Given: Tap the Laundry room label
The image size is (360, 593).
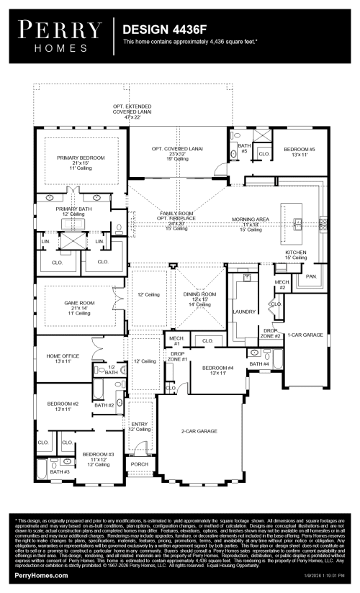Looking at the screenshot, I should coord(246,312).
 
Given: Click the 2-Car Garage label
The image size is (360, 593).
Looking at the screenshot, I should coord(199,430).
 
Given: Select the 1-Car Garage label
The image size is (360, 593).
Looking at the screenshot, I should coord(305,335).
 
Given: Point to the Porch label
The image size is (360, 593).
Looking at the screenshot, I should coord(139,464).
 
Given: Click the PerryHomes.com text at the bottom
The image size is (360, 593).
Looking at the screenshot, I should coord(40,577).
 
